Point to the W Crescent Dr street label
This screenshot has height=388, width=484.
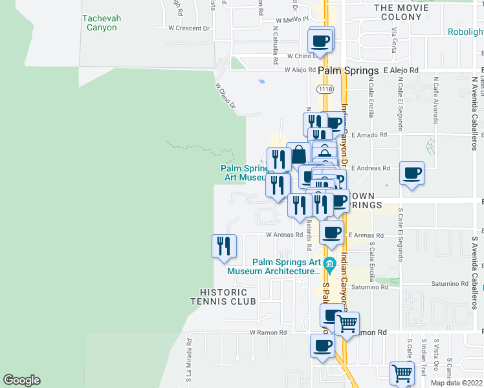pyautogui.click(x=189, y=28)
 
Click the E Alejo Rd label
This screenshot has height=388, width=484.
pyautogui.click(x=401, y=70)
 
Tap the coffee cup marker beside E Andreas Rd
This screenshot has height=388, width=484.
pyautogui.click(x=412, y=173)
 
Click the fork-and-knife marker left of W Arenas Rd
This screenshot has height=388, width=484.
pyautogui.click(x=225, y=246)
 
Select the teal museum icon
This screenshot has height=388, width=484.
pyautogui.click(x=329, y=263)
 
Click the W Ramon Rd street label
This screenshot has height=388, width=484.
pyautogui.click(x=268, y=332)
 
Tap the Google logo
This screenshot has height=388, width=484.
pyautogui.click(x=21, y=380)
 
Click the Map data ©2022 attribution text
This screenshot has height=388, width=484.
pyautogui.click(x=456, y=383)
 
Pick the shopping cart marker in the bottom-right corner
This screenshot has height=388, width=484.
pyautogui.click(x=402, y=373)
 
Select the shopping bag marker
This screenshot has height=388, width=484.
pyautogui.click(x=299, y=155)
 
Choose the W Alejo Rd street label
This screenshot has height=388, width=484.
pyautogui.click(x=300, y=70)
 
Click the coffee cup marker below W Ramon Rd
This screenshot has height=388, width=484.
pyautogui.click(x=322, y=346)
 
